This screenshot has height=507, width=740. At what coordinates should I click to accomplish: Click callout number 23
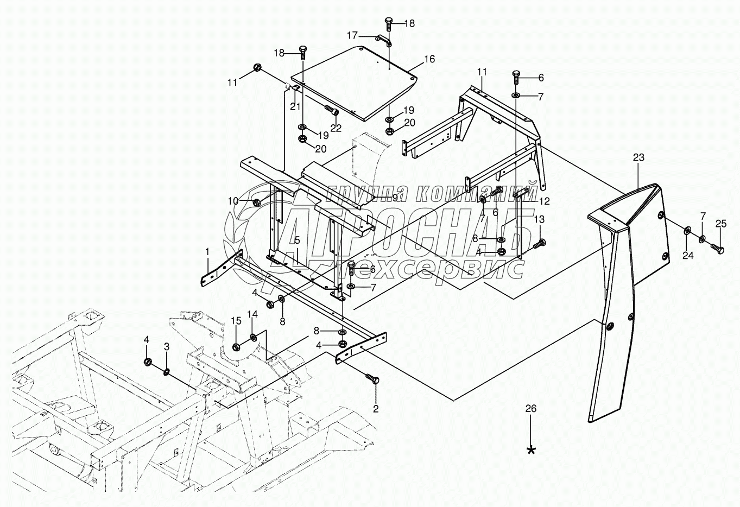(638, 157)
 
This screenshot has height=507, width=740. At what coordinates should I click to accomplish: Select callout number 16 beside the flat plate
(429, 59)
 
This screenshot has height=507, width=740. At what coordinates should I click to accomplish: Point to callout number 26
(531, 409)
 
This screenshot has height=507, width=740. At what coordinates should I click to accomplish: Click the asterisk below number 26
(532, 450)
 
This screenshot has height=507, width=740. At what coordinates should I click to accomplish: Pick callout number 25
(720, 223)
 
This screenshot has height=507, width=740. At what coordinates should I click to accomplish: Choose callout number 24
(688, 256)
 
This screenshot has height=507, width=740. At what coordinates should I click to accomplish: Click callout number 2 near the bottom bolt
(375, 407)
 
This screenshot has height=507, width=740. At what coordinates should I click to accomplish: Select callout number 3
(167, 346)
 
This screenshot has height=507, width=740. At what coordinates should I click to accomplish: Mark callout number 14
(253, 314)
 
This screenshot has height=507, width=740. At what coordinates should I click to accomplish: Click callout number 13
(539, 219)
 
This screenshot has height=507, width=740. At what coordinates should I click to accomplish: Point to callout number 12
(545, 201)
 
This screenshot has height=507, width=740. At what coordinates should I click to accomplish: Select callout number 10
(233, 201)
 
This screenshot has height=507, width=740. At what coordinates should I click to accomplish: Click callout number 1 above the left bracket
(207, 251)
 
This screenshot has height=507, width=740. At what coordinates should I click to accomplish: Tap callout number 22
(337, 128)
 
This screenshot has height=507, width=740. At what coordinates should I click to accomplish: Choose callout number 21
(295, 106)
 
